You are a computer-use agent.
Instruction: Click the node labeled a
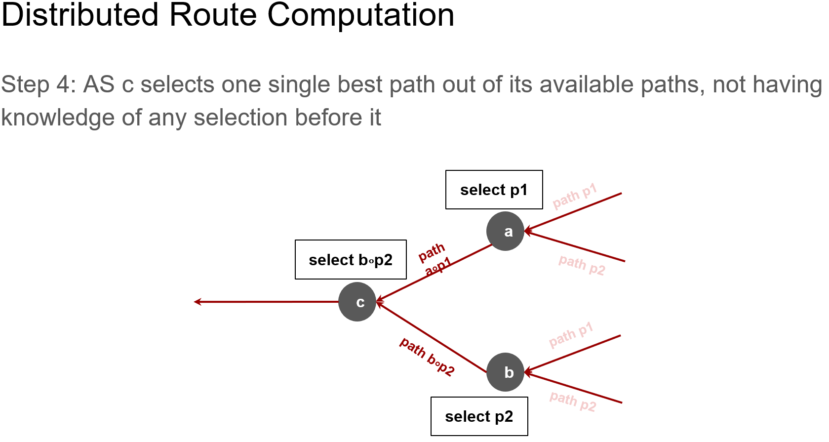coord(505,231)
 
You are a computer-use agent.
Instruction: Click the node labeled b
coord(505,372)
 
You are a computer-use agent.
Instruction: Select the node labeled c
coord(357,302)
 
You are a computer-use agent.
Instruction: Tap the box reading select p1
coord(494,190)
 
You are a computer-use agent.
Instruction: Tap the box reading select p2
coord(479,416)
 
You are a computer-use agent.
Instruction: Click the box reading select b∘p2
coord(351,260)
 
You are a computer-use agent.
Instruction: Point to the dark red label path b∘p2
coord(427,357)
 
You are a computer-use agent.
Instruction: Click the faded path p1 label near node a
coord(575,196)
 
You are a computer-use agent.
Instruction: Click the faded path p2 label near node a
coord(582,265)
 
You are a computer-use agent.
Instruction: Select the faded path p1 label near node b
coord(571,335)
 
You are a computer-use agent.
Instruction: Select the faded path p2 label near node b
coord(573,402)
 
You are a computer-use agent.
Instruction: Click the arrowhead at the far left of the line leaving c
coord(197,302)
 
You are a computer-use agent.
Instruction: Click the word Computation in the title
coord(360,15)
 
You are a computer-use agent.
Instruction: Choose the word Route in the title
coord(213,15)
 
